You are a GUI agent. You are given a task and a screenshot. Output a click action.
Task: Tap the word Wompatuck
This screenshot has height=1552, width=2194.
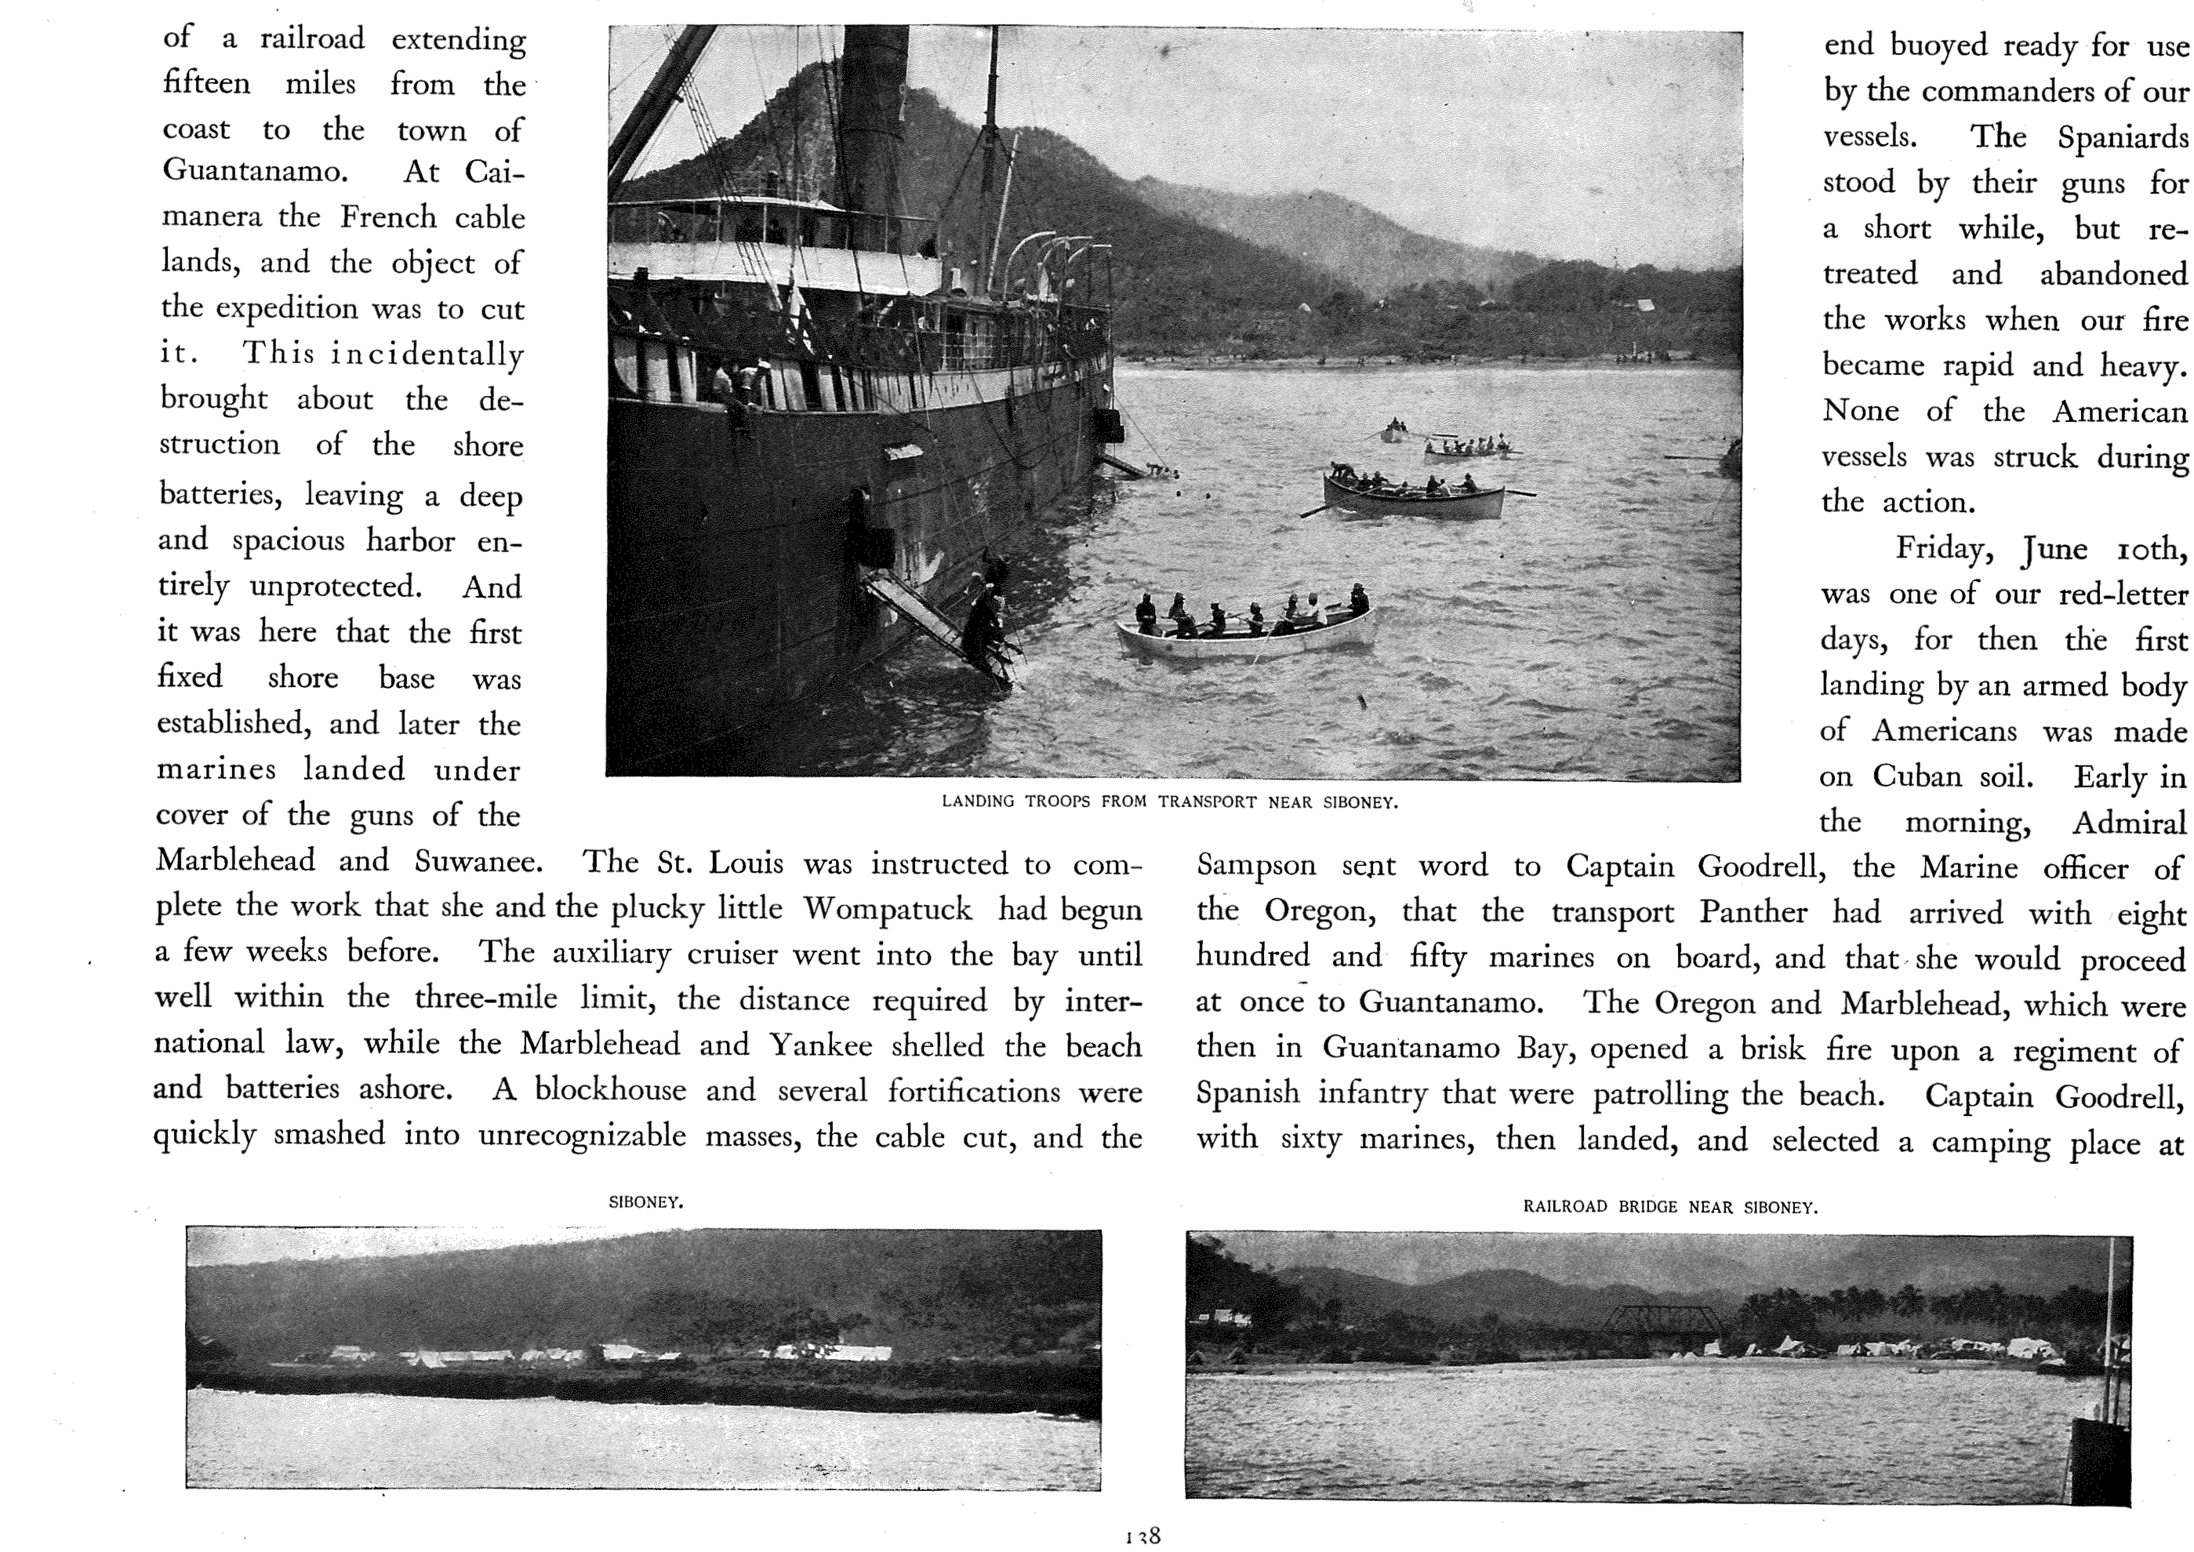887,909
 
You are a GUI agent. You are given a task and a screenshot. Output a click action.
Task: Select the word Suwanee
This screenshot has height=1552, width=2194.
478,862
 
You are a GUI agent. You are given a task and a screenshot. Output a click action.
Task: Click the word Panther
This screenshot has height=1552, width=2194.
1753,912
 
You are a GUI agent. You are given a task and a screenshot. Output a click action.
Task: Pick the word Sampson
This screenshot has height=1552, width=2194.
1255,866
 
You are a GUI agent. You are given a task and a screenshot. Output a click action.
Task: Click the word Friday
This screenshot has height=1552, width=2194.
1944,548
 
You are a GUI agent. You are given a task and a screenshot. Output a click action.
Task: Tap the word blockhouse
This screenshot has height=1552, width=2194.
609,1090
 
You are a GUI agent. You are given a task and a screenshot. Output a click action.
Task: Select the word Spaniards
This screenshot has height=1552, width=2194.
2123,137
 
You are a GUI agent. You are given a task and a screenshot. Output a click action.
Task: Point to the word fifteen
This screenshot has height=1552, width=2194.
206,84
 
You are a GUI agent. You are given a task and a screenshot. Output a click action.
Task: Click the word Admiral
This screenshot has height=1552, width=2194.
2128,823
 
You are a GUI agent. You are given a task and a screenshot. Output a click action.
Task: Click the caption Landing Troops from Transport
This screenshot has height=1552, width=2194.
1170,801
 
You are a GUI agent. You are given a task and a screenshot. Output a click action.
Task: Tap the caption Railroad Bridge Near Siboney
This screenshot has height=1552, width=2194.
1669,1207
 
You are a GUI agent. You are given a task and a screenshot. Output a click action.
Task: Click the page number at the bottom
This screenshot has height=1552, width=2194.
1142,1536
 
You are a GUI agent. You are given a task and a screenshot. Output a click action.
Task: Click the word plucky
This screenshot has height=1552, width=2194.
656,908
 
